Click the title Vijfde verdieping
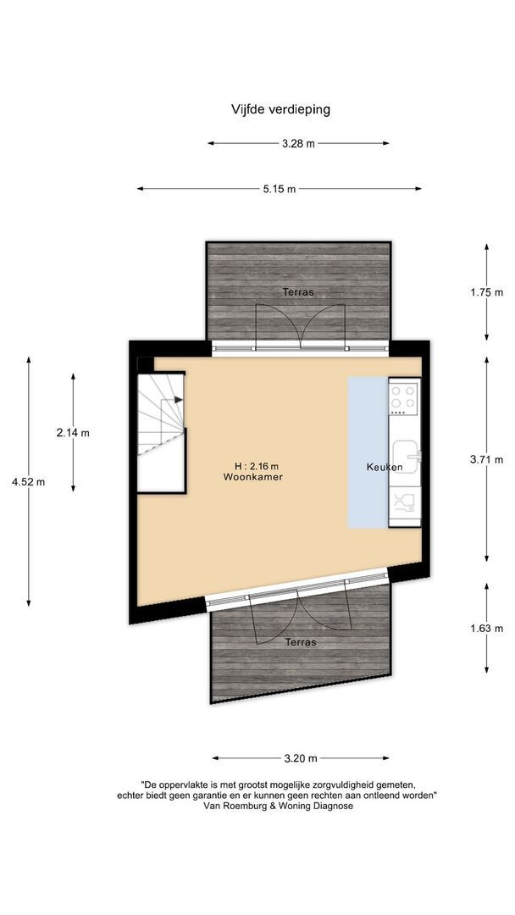coord(280,109)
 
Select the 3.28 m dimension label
coord(298,143)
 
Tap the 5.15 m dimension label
coord(280,189)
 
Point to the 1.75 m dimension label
coord(486,292)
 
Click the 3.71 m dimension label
coord(486,460)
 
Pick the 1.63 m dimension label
coord(486,629)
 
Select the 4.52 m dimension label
coord(28,482)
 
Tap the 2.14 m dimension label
coord(73,433)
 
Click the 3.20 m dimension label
coord(301,758)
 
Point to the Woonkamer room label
coord(252,477)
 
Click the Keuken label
coord(385,468)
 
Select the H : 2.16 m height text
coord(256,466)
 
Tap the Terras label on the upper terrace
coord(298,291)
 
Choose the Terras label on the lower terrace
coord(301,642)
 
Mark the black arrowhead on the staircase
coord(179,400)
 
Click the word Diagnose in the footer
coord(331,806)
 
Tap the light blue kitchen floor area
coord(368,452)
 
